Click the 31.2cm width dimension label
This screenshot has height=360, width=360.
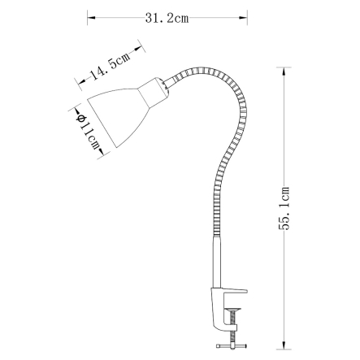point(167,18)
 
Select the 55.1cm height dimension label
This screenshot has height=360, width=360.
point(284,209)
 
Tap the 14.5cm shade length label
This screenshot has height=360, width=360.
point(111,67)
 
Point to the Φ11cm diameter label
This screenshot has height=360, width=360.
point(88,132)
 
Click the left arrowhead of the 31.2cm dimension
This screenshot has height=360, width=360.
point(91,18)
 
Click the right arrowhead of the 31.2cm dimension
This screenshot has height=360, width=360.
point(243,18)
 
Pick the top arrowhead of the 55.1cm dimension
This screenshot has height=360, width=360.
point(284,72)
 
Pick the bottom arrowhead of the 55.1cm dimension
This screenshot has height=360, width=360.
point(284,345)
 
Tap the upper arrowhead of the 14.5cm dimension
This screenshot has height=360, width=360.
point(138,49)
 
